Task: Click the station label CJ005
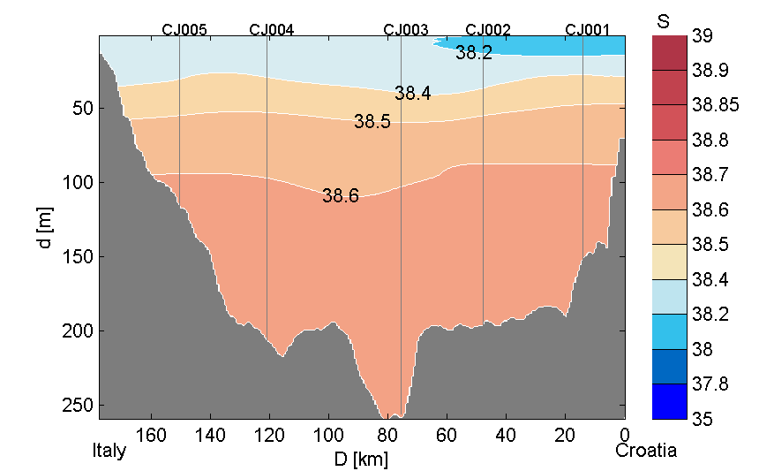pos(184,29)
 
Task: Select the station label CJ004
pos(272,29)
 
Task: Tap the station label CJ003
pos(406,29)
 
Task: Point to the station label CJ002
pos(488,29)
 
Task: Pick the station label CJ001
pos(588,29)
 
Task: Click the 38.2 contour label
pos(474,53)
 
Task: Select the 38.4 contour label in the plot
pos(413,93)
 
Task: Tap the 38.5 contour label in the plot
pos(372,122)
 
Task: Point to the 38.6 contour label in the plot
pos(341,196)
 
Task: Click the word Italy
pos(109,451)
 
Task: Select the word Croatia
pos(647,451)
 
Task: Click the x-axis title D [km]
pos(362,460)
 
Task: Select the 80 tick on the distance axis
pos(388,434)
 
